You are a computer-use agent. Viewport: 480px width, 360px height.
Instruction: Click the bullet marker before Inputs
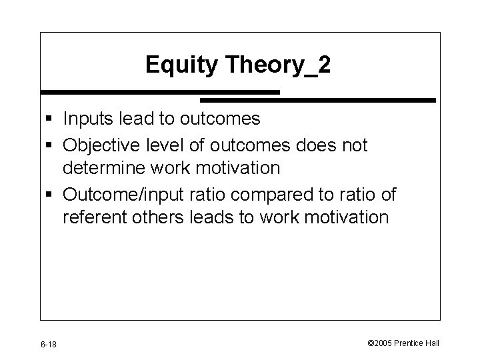pyautogui.click(x=51, y=120)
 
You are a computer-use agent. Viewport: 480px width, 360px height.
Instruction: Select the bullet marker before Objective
pyautogui.click(x=51, y=145)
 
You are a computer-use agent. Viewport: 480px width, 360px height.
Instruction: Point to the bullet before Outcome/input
pyautogui.click(x=51, y=194)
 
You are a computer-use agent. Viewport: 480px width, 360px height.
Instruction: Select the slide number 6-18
pyautogui.click(x=47, y=344)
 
